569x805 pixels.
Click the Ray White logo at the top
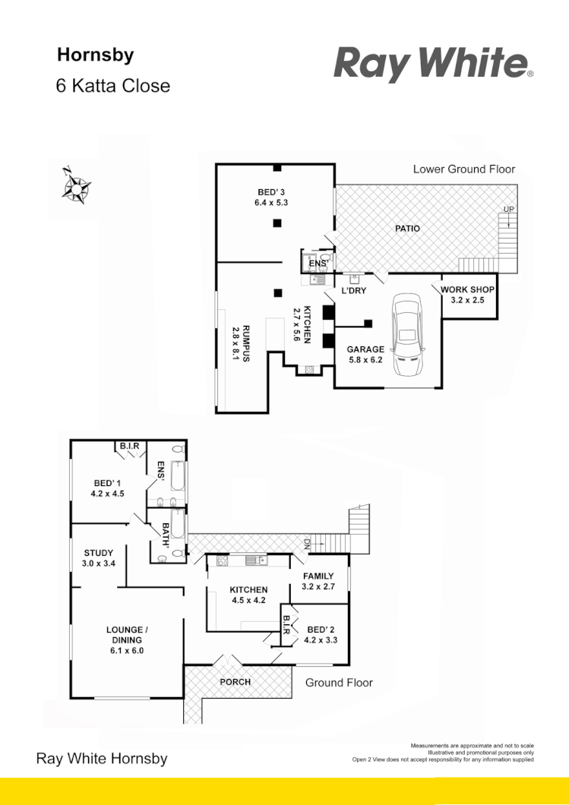pyautogui.click(x=433, y=64)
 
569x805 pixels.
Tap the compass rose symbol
pyautogui.click(x=77, y=186)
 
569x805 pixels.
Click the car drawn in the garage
pyautogui.click(x=407, y=336)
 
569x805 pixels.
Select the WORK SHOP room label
pyautogui.click(x=468, y=289)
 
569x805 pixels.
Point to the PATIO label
pyautogui.click(x=407, y=228)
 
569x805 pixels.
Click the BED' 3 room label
pyautogui.click(x=270, y=191)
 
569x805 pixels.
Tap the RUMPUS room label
pyautogui.click(x=236, y=343)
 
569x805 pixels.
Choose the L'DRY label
pyautogui.click(x=354, y=291)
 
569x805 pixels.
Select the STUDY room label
pyautogui.click(x=97, y=553)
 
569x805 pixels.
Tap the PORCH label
pyautogui.click(x=236, y=682)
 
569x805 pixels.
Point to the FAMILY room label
pyautogui.click(x=318, y=576)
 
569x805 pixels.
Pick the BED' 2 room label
pyautogui.click(x=321, y=629)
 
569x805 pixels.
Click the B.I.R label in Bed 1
pyautogui.click(x=129, y=446)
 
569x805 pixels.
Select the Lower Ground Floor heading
pyautogui.click(x=463, y=169)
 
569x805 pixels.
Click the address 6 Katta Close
pyautogui.click(x=113, y=86)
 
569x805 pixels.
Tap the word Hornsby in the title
pyautogui.click(x=96, y=55)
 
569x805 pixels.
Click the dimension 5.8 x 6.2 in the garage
pyautogui.click(x=366, y=360)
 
